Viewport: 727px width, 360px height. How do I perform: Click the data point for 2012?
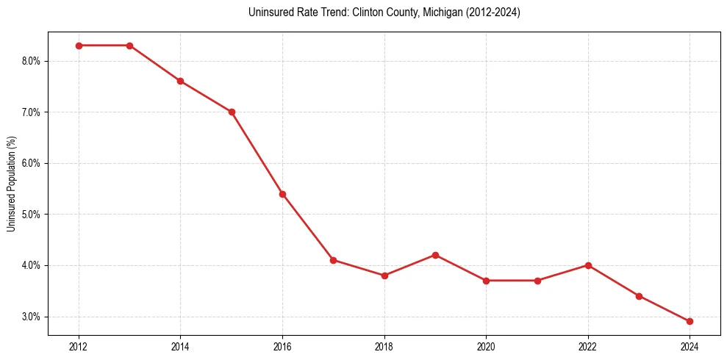click(x=79, y=46)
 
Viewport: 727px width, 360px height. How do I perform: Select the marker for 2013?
click(x=129, y=46)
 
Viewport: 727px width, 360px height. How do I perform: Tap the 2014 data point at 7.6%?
click(x=180, y=81)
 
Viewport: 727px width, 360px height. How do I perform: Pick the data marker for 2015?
click(x=232, y=112)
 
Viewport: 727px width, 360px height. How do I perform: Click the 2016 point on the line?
click(x=282, y=194)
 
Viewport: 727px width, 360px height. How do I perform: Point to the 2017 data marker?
click(x=333, y=260)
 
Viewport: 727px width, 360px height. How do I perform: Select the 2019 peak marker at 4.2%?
click(x=435, y=255)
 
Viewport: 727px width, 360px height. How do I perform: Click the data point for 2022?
click(x=588, y=265)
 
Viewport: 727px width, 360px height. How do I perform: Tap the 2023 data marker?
click(x=639, y=296)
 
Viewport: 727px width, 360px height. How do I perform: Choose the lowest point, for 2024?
click(x=690, y=321)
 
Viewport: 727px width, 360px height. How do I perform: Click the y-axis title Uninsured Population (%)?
click(x=11, y=184)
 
